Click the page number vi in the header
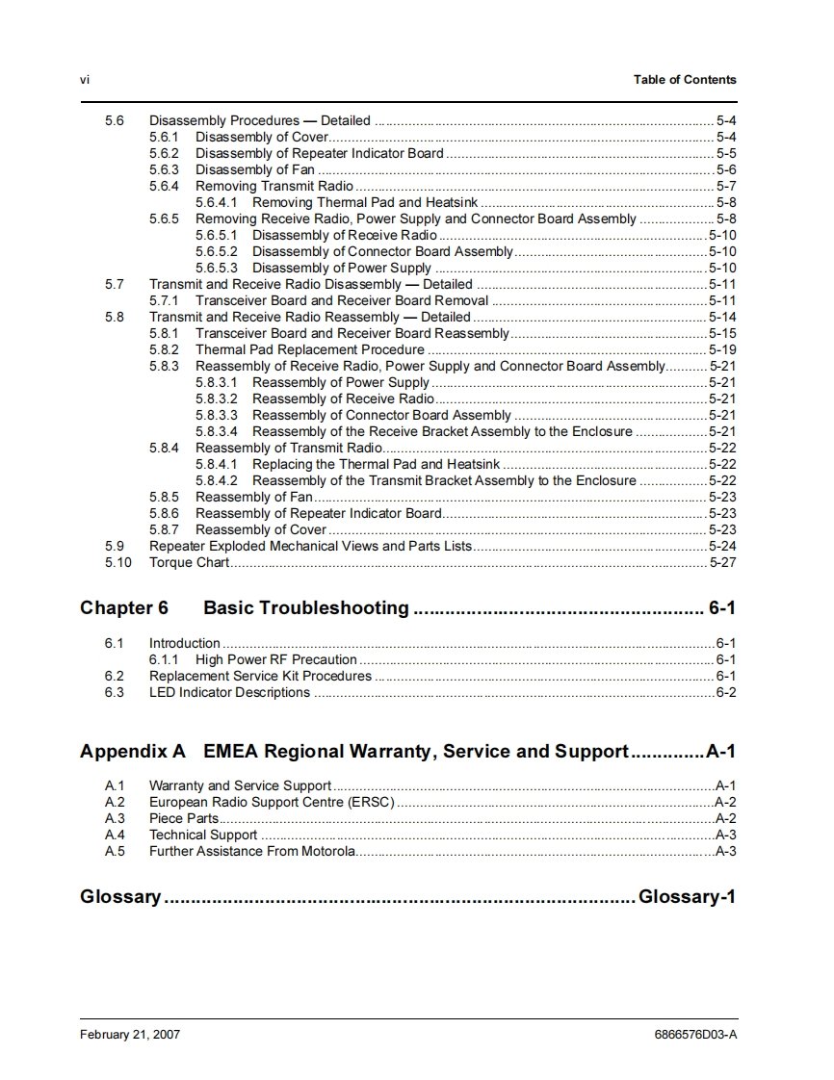85,80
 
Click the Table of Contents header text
684,80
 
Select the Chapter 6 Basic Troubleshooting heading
245,608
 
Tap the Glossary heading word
120,897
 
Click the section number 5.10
117,562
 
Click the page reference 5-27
722,562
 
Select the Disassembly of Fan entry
255,169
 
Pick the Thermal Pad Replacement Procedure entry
309,349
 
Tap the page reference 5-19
722,349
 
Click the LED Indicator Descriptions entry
229,692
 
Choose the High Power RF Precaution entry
275,659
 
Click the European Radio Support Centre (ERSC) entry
272,802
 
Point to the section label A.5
115,851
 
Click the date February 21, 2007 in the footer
130,1035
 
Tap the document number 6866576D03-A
693,1035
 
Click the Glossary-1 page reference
687,897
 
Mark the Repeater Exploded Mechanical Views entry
310,546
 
